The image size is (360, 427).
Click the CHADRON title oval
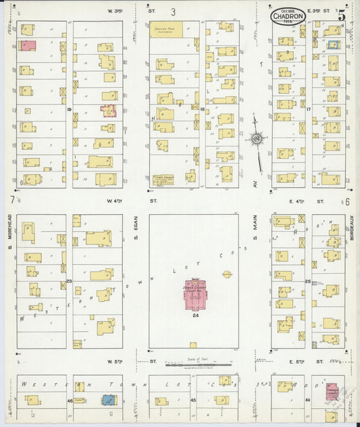288,18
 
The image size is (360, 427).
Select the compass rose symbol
257,139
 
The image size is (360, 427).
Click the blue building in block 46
107,400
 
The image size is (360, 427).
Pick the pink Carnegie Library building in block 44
332,393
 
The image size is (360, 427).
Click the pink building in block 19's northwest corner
28,45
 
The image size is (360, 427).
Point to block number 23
69,280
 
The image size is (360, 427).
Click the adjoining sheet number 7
12,200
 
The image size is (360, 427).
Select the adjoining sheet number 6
347,201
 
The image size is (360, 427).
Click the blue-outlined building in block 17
333,45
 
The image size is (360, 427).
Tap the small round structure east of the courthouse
227,274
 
